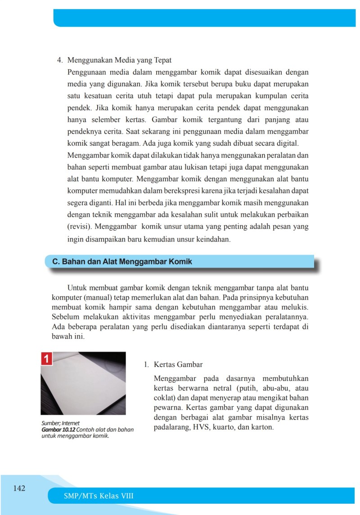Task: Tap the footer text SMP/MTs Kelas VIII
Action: pos(99,496)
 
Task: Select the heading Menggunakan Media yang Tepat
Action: pos(119,60)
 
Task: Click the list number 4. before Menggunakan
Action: pos(58,60)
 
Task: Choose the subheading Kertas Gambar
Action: pos(178,364)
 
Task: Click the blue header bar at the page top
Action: pos(205,18)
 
